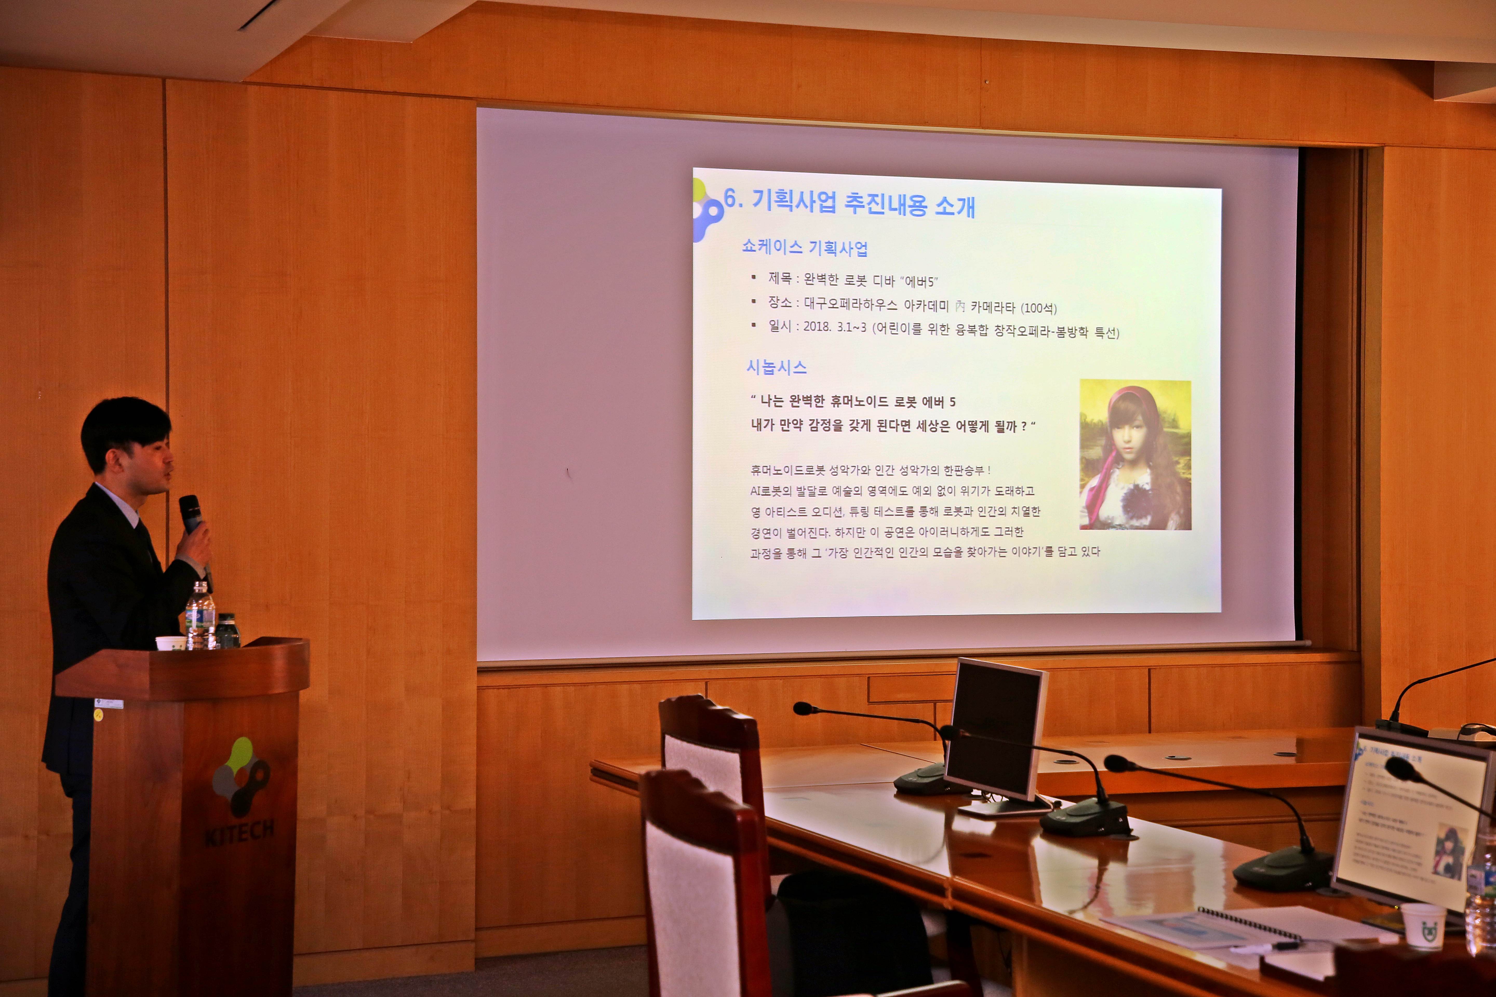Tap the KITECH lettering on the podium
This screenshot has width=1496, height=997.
(x=239, y=832)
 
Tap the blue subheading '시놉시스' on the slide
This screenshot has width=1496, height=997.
(x=776, y=367)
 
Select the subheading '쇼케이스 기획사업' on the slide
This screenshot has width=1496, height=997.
(x=805, y=247)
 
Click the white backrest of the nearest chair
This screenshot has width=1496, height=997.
(x=700, y=890)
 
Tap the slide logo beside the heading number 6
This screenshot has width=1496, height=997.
(x=707, y=210)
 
